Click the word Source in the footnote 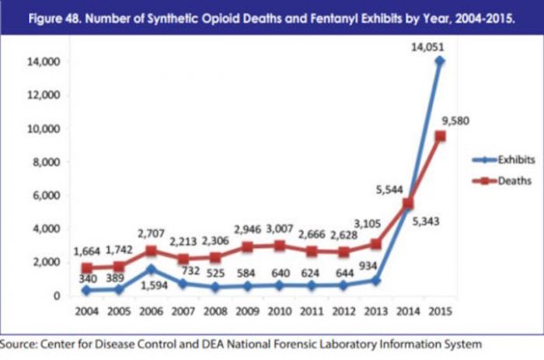[23, 344]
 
